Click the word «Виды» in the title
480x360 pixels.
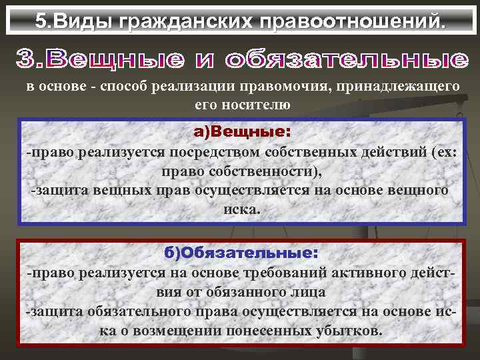(x=83, y=21)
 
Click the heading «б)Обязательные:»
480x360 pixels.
(x=241, y=253)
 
